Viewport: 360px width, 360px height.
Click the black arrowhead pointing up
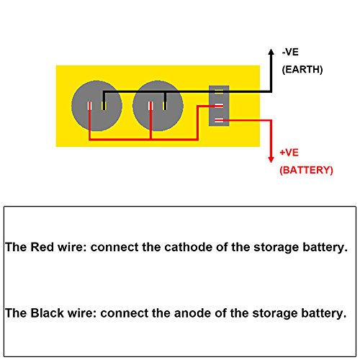pyautogui.click(x=271, y=52)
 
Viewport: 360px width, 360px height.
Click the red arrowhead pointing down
pyautogui.click(x=271, y=160)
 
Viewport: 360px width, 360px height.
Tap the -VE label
pyautogui.click(x=290, y=52)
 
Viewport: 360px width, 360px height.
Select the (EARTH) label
pyautogui.click(x=302, y=70)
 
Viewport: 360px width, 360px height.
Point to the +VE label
pyautogui.click(x=289, y=153)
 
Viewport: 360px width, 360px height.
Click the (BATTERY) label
pyautogui.click(x=306, y=170)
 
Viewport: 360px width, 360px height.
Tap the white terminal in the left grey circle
pyautogui.click(x=89, y=106)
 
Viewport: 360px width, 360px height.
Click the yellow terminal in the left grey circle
pyautogui.click(x=104, y=106)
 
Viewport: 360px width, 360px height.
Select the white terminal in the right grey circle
pyautogui.click(x=150, y=106)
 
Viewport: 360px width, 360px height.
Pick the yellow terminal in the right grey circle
pyautogui.click(x=165, y=106)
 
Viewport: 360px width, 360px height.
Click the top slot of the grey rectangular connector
pyautogui.click(x=219, y=91)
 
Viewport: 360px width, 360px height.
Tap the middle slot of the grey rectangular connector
pyautogui.click(x=219, y=106)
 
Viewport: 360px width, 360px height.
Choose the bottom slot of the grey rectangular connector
pyautogui.click(x=219, y=120)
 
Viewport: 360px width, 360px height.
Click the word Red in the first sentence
pyautogui.click(x=42, y=247)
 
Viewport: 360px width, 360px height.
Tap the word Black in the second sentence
pyautogui.click(x=48, y=313)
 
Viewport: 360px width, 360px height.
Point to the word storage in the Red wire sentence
pyautogui.click(x=276, y=248)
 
